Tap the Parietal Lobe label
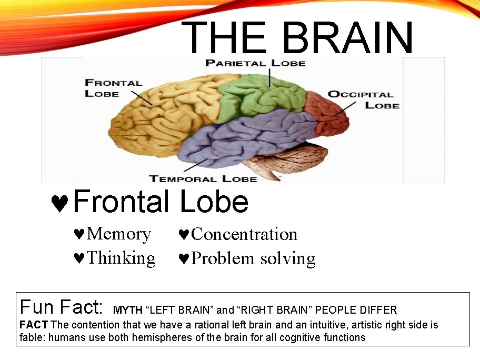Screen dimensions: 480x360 point(255,63)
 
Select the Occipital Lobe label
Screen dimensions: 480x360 point(363,99)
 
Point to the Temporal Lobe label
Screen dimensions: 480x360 point(203,178)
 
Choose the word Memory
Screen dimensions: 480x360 point(118,234)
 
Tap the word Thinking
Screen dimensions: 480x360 point(121,258)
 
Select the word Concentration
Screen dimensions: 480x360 point(244,234)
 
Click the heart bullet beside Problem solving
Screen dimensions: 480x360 point(184,259)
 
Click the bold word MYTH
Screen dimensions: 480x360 point(128,310)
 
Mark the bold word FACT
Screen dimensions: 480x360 point(34,325)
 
